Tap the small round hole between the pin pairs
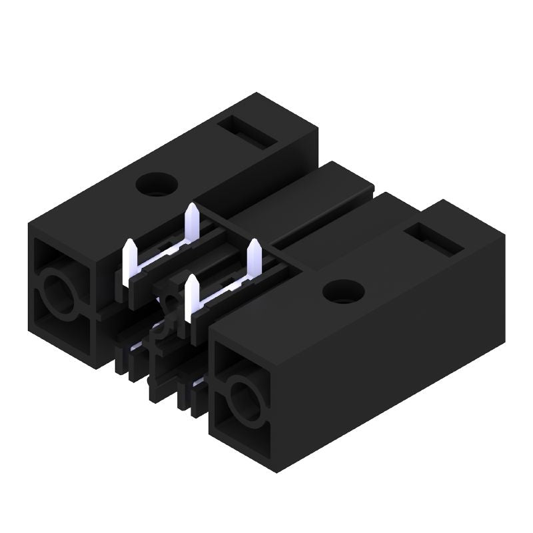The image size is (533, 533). click(173, 305)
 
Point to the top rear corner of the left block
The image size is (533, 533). click(256, 94)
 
